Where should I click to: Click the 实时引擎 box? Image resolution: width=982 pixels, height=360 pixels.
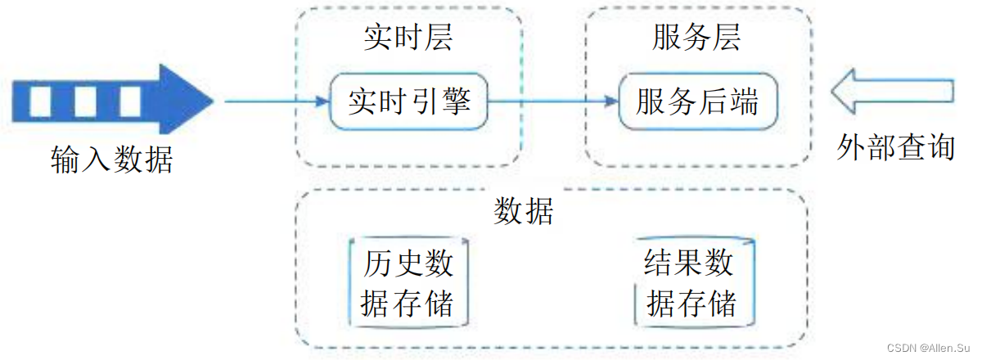[408, 102]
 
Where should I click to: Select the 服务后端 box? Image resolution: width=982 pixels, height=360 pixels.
[697, 102]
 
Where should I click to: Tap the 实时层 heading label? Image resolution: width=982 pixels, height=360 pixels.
[408, 38]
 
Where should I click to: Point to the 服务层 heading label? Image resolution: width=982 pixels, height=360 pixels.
[696, 38]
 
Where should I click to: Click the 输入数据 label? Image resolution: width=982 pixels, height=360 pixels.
[112, 160]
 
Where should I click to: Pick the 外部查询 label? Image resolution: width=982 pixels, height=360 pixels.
[896, 148]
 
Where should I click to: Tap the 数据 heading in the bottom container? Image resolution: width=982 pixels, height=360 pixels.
[525, 211]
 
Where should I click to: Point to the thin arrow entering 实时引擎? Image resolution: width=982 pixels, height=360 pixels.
[274, 102]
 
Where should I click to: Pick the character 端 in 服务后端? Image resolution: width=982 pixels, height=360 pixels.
[744, 103]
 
